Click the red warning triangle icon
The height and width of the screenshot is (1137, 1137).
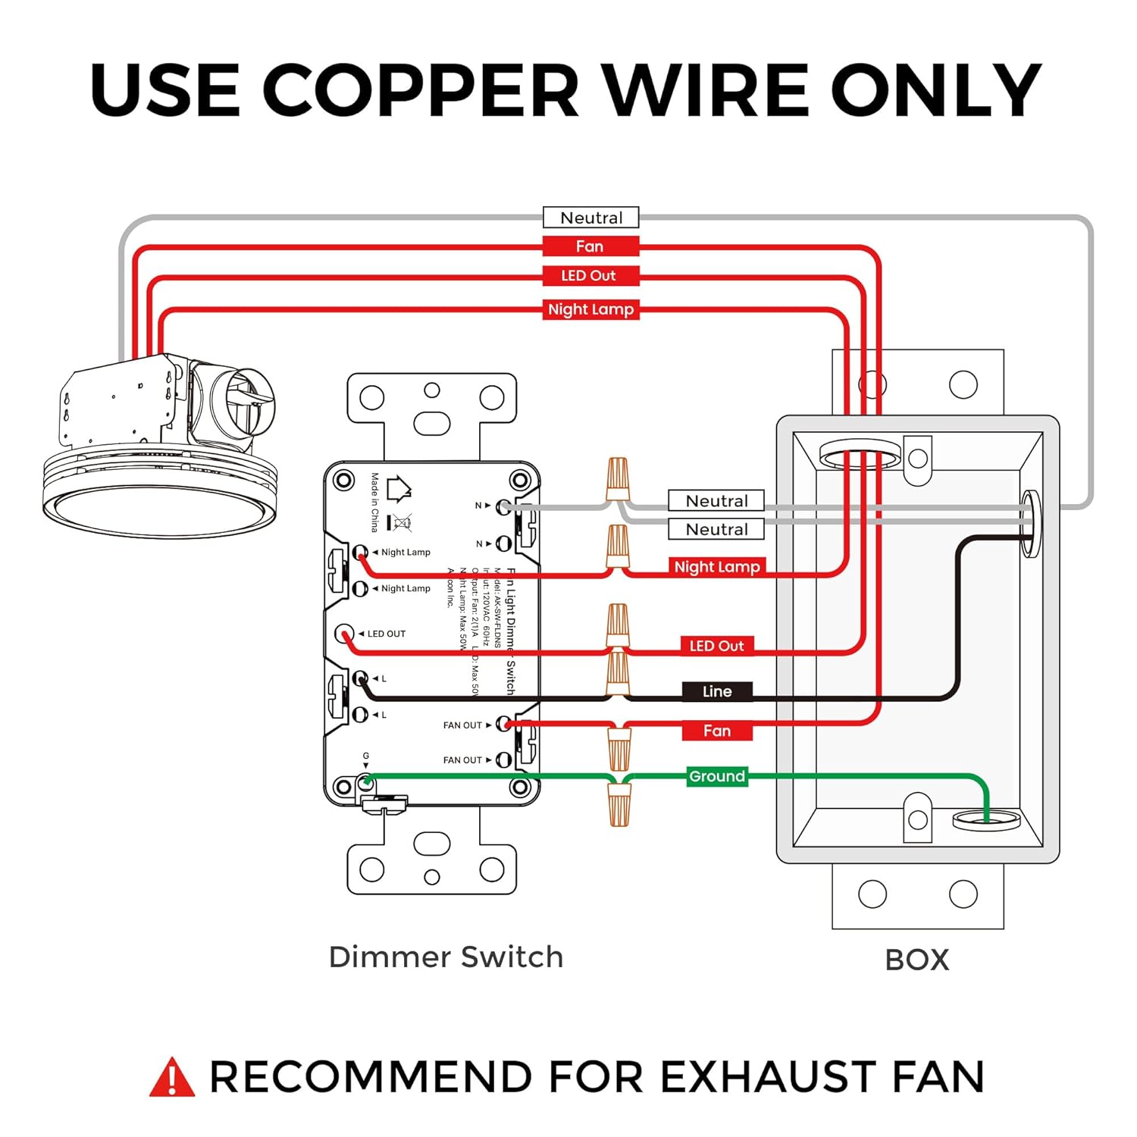(172, 1077)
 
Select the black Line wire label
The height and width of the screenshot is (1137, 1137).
(717, 691)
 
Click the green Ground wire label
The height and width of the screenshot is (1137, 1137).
(717, 776)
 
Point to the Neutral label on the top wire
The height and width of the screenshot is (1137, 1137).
(591, 218)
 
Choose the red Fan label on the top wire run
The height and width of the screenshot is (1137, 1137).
(590, 246)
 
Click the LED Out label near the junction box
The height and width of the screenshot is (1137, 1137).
(716, 646)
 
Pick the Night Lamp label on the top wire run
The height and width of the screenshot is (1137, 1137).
(590, 309)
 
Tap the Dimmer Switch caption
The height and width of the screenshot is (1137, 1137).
(446, 957)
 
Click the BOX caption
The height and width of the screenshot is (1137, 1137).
(917, 960)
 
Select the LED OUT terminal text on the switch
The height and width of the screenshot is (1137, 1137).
(386, 634)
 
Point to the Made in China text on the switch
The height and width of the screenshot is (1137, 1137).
(374, 502)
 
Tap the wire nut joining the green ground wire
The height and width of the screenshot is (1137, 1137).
(619, 805)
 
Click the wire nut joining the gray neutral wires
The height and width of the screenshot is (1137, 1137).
(619, 478)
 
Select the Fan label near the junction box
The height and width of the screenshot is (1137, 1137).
(717, 731)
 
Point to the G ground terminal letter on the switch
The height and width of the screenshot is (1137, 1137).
(366, 756)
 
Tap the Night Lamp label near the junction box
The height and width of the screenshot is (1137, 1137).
(717, 567)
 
